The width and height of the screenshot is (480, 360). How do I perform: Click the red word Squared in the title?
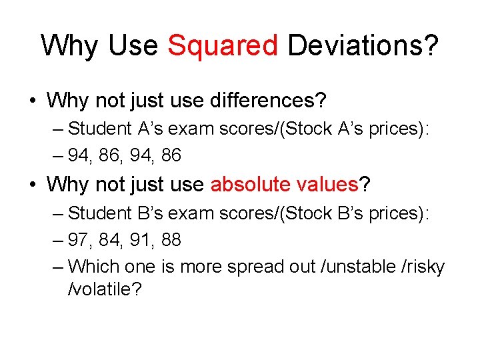point(223,45)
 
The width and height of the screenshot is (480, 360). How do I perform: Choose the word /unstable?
point(353,267)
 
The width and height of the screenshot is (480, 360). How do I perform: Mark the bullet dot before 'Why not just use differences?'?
point(32,102)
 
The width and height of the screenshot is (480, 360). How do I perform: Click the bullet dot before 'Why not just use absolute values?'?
point(32,185)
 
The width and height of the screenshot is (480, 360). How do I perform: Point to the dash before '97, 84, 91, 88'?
point(58,239)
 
